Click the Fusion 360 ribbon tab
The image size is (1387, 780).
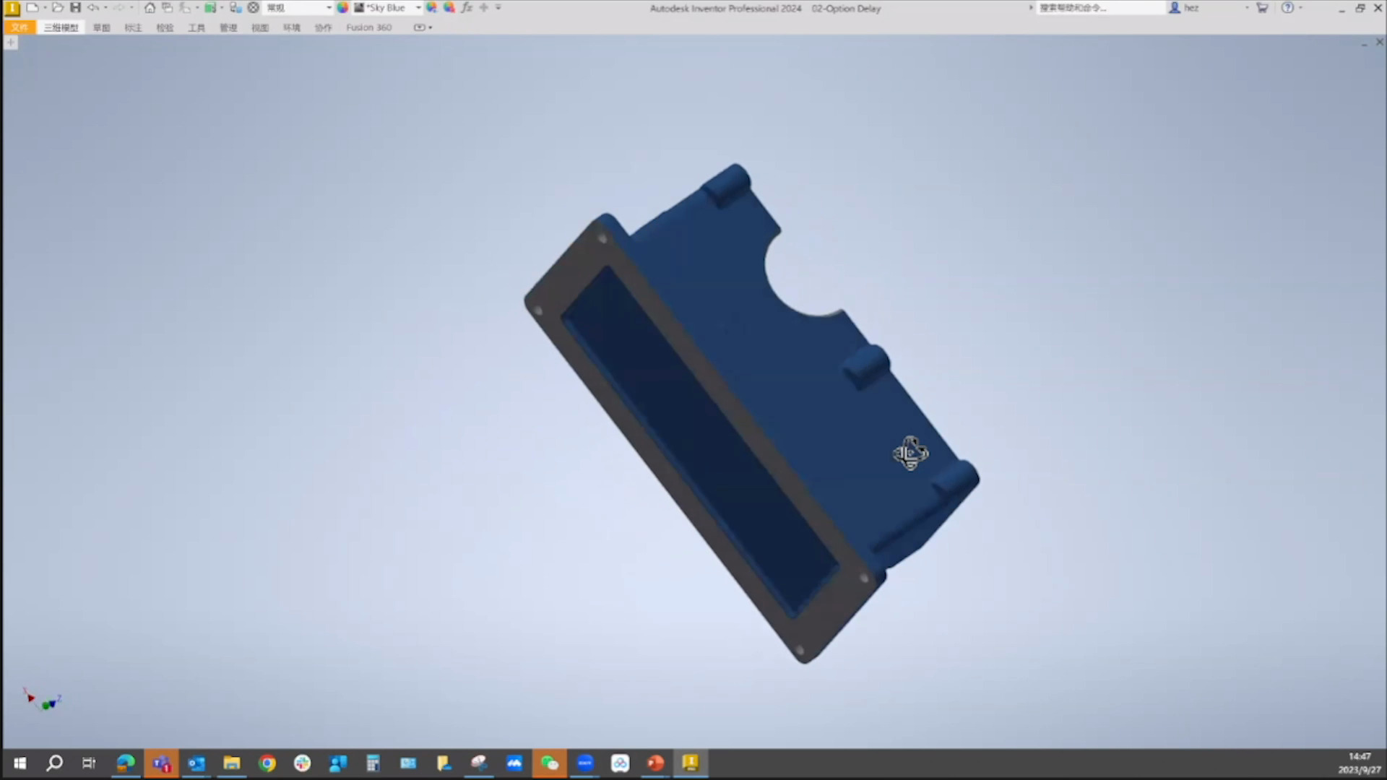(x=368, y=27)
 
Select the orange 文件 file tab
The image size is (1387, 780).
(x=20, y=27)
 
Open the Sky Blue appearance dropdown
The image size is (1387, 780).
(x=418, y=8)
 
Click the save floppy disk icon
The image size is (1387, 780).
(x=75, y=8)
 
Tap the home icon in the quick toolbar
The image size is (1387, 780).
(x=150, y=8)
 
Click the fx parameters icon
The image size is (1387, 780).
(x=467, y=8)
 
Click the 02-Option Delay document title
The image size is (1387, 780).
(x=846, y=9)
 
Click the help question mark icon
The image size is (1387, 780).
(x=1287, y=8)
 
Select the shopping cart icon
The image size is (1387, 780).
(x=1262, y=8)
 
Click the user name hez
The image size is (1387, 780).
(x=1191, y=8)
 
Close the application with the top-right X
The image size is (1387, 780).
(x=1378, y=8)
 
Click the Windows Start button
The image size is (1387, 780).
(x=20, y=763)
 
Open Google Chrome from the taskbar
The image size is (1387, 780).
(x=267, y=763)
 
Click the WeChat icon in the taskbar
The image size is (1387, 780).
(x=550, y=763)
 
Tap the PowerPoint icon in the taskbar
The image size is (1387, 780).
(x=655, y=763)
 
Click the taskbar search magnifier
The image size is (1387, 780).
(x=54, y=763)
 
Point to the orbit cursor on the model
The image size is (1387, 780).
(x=910, y=454)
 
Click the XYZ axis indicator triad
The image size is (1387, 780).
(x=43, y=701)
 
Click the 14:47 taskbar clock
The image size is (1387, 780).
(x=1359, y=756)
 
